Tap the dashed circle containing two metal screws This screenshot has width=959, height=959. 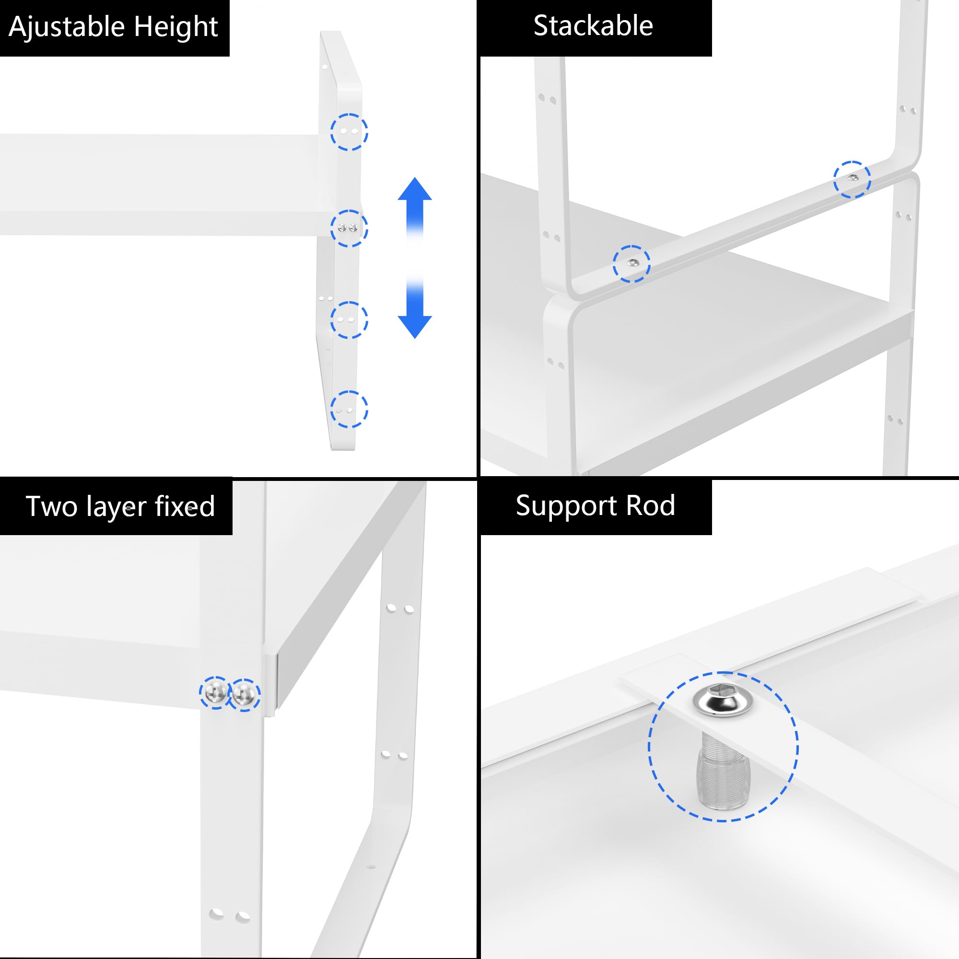[x=349, y=228]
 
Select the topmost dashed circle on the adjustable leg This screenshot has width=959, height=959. [x=349, y=131]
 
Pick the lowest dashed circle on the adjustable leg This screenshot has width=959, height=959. [x=349, y=409]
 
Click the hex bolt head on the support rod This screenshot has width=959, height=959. [x=723, y=701]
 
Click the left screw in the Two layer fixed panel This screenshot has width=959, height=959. [x=215, y=692]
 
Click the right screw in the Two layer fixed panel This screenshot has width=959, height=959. [x=244, y=694]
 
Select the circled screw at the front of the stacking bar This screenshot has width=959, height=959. [x=631, y=264]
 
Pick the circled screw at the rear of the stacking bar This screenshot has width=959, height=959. [x=852, y=179]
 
